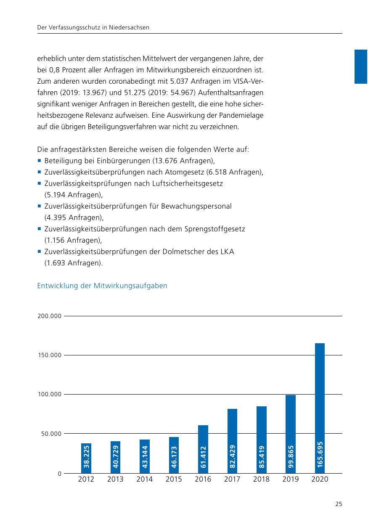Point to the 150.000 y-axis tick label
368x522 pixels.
click(x=50, y=355)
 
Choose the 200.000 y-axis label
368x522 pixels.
click(x=50, y=316)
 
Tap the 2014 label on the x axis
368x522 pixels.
click(x=145, y=480)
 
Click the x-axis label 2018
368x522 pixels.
click(x=261, y=480)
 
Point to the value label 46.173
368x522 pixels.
click(x=174, y=456)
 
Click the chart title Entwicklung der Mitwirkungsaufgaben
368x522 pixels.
click(x=102, y=286)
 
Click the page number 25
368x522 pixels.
click(x=339, y=504)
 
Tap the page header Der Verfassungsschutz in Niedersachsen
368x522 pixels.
click(x=94, y=28)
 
